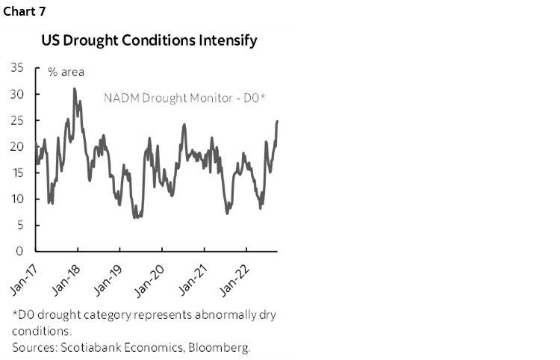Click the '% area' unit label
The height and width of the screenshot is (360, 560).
point(66,72)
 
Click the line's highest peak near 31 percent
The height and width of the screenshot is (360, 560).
point(74,89)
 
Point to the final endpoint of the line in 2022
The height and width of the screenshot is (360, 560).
point(278,121)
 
